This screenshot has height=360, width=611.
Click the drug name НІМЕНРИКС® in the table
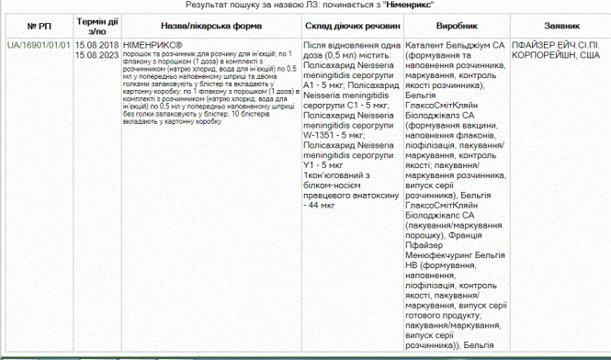152,43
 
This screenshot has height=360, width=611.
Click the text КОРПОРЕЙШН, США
557,54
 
